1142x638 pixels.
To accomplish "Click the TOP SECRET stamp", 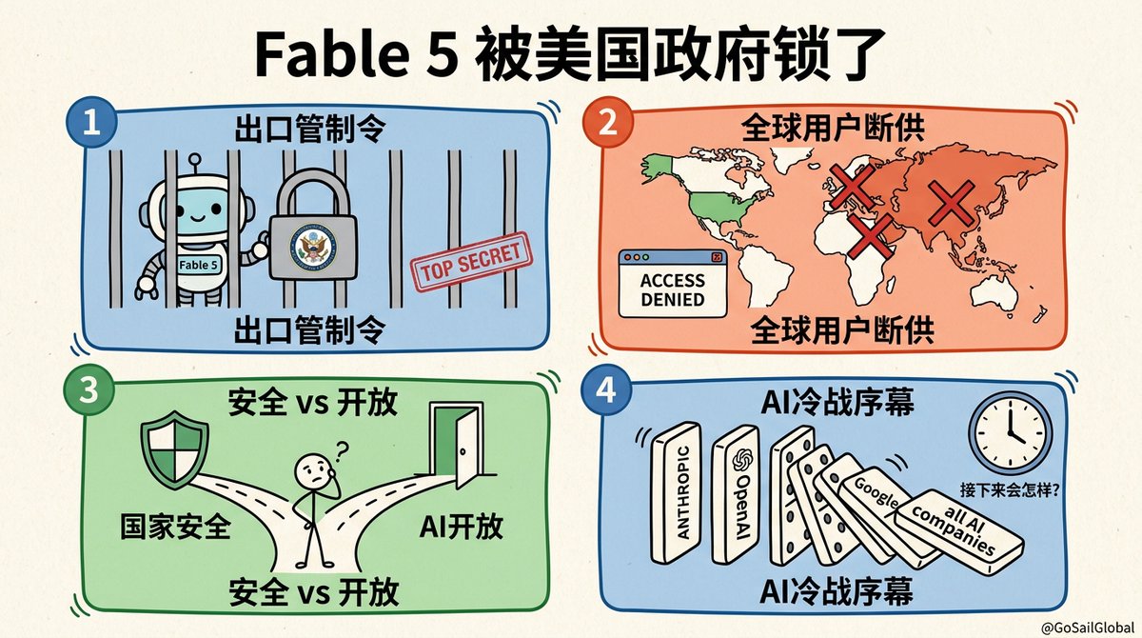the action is tap(472, 262).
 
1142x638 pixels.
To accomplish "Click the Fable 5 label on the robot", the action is tap(198, 265).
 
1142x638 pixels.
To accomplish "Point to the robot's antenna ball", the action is tap(194, 160).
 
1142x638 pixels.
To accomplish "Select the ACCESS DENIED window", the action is tap(673, 283).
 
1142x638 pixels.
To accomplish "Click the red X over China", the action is tap(951, 204).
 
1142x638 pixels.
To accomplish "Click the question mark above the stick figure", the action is tap(341, 450).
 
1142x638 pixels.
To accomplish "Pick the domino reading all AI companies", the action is tap(958, 531).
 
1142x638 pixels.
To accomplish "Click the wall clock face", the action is tap(1010, 433).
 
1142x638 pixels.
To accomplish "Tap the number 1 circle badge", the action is tap(91, 123).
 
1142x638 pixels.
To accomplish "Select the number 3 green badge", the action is tap(89, 390).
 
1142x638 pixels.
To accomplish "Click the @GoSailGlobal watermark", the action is tap(1087, 627).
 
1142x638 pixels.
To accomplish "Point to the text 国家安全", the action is tap(175, 527).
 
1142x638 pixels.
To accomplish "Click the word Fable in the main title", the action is tap(331, 53).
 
